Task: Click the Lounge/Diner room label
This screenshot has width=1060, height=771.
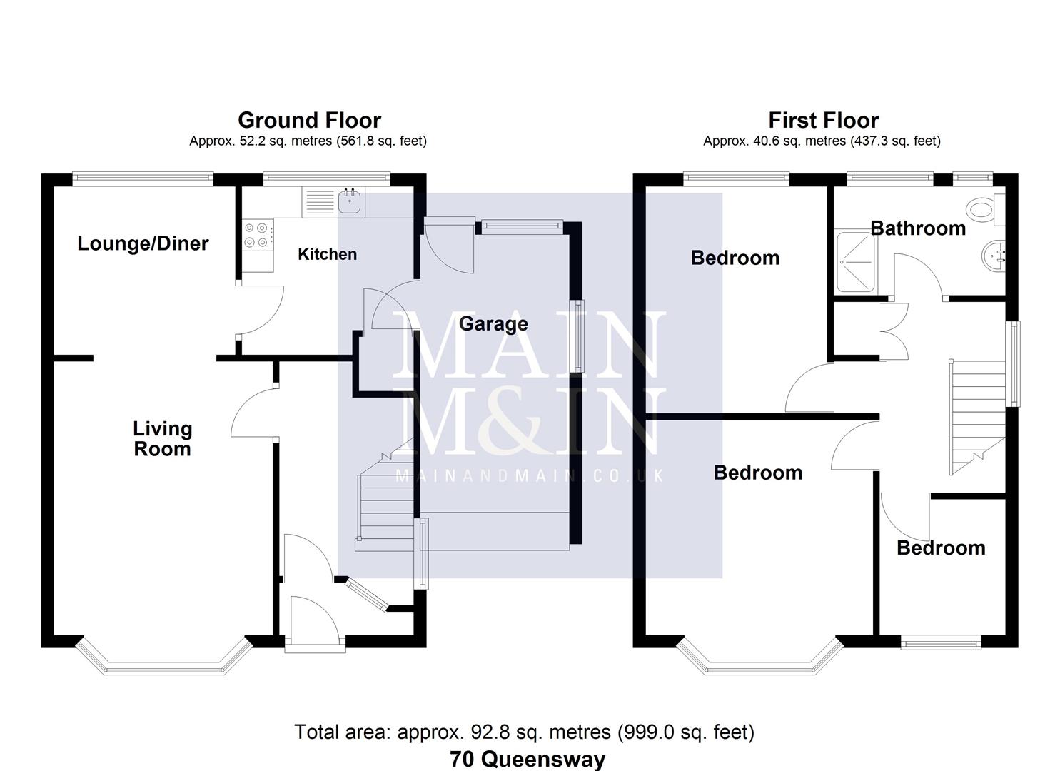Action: click(x=143, y=243)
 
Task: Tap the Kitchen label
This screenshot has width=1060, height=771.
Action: click(x=327, y=254)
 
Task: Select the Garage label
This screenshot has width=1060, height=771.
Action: click(x=493, y=323)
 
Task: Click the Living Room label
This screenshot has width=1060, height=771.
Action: click(x=162, y=438)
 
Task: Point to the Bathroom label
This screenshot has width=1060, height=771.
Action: click(x=918, y=228)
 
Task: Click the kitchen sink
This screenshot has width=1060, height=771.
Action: click(x=350, y=201)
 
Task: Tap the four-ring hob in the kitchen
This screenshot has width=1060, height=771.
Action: click(x=257, y=236)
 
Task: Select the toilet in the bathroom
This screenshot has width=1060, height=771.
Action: click(x=985, y=208)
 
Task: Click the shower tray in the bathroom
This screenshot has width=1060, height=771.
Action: click(x=854, y=261)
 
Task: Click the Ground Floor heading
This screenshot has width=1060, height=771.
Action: click(x=309, y=120)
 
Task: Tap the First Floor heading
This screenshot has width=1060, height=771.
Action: click(x=823, y=120)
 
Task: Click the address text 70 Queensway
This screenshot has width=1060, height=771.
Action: click(x=528, y=759)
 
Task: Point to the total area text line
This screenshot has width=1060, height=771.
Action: click(x=524, y=732)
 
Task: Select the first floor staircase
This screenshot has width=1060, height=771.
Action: click(x=974, y=414)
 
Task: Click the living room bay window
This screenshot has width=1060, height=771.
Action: click(x=164, y=660)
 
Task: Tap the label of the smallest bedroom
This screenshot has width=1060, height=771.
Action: click(x=941, y=548)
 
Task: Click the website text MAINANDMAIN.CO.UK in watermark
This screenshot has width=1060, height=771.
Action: click(x=530, y=475)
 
